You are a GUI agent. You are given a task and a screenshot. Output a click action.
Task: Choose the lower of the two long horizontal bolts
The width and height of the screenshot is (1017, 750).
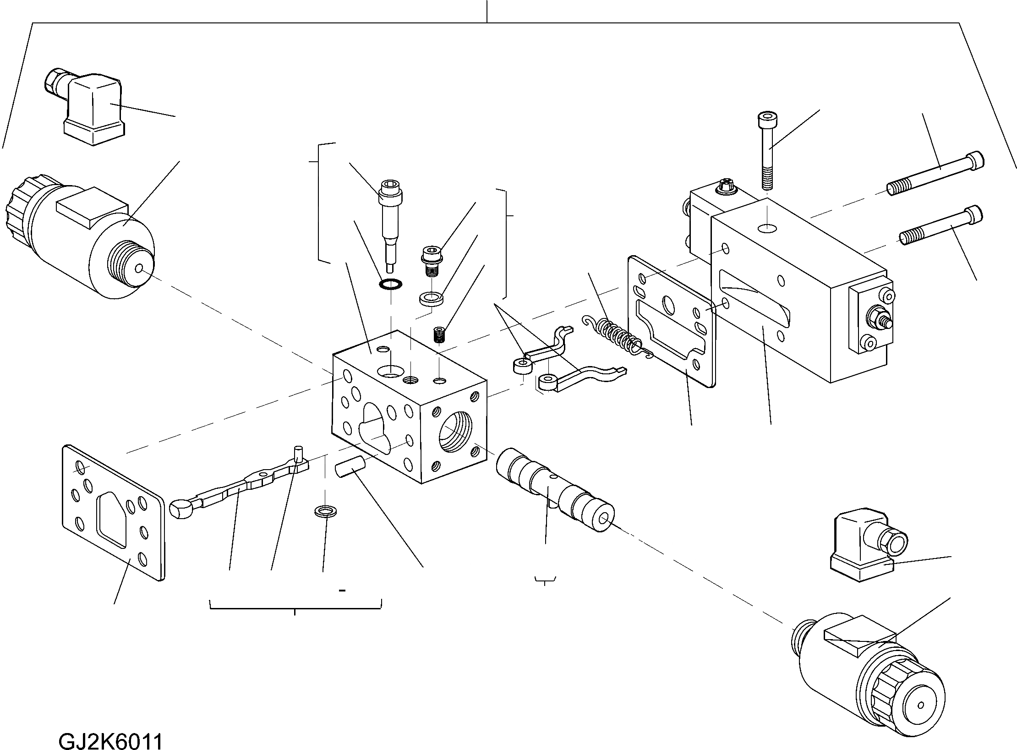pos(941,227)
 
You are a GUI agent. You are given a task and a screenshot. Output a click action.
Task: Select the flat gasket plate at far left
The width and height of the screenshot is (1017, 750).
pos(112,511)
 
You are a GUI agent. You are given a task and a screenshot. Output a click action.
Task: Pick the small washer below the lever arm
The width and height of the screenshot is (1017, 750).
pos(325,511)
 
